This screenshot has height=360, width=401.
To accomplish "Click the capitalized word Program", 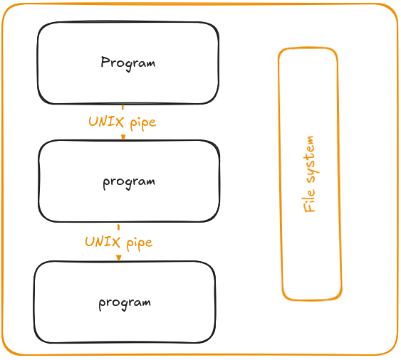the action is [128, 63].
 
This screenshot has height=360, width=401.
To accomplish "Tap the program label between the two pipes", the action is [129, 183].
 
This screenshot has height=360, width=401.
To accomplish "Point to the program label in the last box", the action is [125, 304].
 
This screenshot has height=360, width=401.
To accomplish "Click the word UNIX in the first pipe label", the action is [106, 122].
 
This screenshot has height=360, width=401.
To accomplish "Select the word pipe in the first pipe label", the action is [143, 123].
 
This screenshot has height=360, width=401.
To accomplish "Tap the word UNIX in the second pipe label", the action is [103, 242].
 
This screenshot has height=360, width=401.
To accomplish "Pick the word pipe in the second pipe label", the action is [140, 243].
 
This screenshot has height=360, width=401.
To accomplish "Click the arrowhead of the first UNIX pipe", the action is [123, 137].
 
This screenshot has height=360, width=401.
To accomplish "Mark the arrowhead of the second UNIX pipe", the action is [118, 258].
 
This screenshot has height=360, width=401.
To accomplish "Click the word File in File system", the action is [309, 201].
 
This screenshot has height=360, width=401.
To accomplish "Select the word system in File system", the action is [311, 159].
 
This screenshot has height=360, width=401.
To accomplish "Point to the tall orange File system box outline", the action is [278, 174].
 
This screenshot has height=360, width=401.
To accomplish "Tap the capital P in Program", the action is [105, 62].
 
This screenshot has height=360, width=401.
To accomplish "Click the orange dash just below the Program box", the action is [123, 107].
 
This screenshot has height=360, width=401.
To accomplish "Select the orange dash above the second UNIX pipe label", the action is [118, 227].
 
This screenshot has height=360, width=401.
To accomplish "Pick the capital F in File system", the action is [309, 208].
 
